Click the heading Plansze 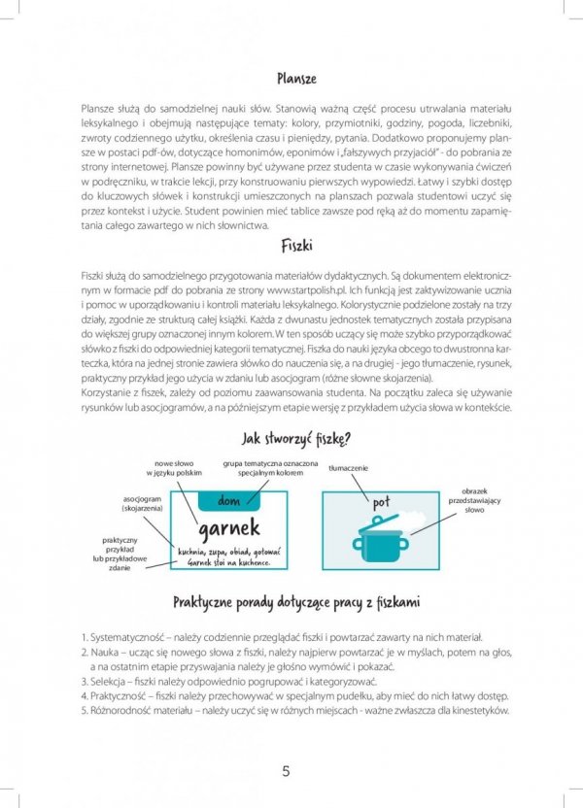[295, 78]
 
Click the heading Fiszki [295, 246]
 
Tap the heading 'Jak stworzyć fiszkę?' [295, 438]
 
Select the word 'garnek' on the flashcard [229, 527]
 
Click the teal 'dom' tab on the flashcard [229, 501]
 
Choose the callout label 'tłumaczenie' [348, 468]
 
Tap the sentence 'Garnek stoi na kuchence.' [223, 562]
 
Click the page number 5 [286, 772]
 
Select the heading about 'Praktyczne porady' [295, 603]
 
